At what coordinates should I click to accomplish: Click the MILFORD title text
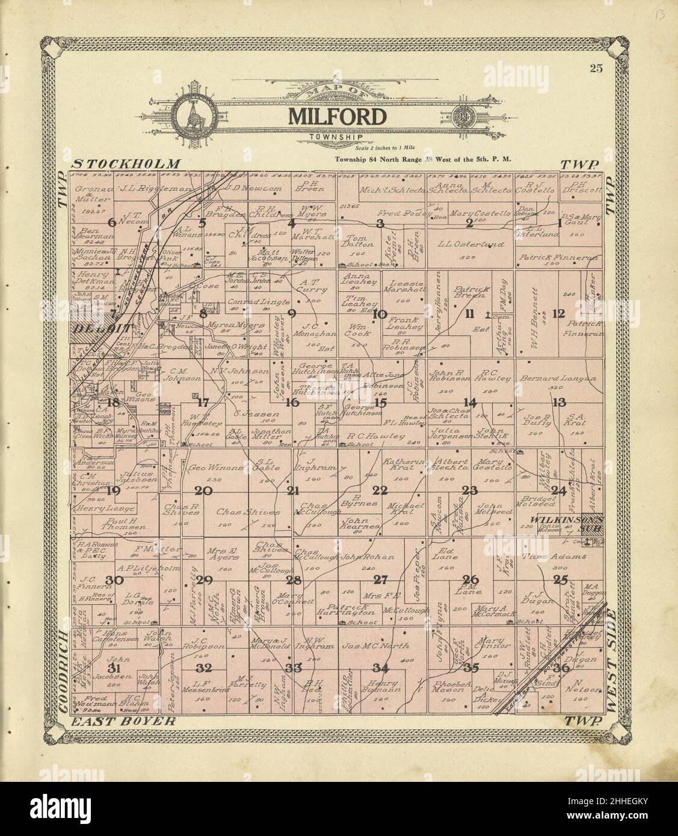coord(336,115)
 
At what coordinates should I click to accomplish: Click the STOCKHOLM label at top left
coord(126,164)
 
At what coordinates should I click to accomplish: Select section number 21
coord(293,490)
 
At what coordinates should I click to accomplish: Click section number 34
coord(380,668)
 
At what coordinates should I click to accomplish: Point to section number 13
coord(559,402)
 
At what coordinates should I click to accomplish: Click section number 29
coord(205,580)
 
